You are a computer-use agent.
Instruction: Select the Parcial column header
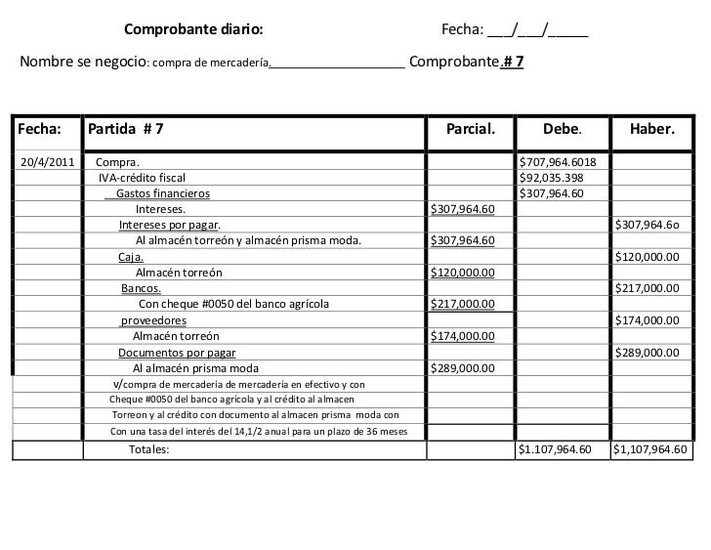tap(471, 128)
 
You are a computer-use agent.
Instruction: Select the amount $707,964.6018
tap(565, 161)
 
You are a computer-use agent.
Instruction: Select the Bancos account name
tap(142, 288)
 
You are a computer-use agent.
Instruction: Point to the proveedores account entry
tap(153, 320)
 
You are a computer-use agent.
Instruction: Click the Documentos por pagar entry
tap(177, 353)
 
